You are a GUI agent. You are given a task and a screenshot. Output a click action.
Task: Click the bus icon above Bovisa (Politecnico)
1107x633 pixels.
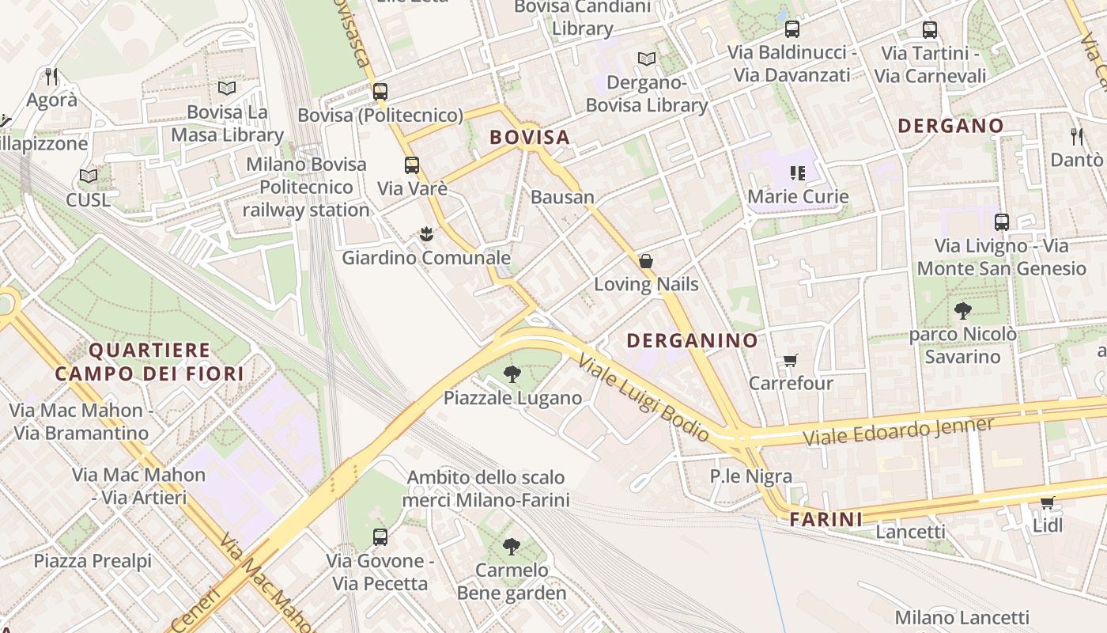(380, 91)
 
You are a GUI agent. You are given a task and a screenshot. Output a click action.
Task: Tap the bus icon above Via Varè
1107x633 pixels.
(412, 165)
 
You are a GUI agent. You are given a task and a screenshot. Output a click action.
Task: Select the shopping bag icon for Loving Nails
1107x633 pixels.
(646, 261)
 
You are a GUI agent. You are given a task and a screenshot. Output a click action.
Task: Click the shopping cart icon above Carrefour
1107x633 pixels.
(790, 361)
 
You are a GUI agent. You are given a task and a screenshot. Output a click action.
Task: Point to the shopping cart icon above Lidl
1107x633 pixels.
(1048, 502)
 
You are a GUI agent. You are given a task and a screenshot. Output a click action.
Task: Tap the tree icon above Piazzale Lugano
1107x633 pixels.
(512, 374)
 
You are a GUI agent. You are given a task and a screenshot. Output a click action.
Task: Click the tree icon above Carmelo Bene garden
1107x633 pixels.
(512, 546)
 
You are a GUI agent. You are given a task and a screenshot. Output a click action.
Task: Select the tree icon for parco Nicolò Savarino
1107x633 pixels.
(962, 310)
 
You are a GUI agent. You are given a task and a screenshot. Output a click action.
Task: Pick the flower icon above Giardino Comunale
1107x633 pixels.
(426, 234)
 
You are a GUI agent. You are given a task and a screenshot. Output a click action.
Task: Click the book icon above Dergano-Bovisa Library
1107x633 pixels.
(647, 59)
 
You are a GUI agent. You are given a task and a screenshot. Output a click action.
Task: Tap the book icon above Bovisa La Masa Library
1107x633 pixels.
(227, 88)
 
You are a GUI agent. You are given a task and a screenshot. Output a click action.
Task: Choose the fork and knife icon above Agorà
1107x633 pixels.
(52, 77)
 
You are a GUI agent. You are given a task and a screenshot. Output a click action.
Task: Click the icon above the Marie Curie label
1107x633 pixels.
(797, 172)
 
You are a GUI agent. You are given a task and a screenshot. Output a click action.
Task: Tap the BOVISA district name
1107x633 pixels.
(530, 137)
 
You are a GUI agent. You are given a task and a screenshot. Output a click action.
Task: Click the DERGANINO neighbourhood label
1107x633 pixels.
(692, 340)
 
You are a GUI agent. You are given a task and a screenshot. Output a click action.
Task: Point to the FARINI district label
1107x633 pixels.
(826, 519)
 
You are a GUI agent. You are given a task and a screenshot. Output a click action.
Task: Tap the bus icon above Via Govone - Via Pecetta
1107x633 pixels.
(380, 537)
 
